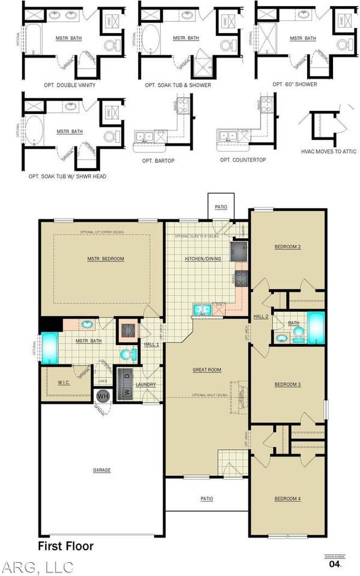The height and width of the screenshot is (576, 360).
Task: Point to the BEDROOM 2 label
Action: pyautogui.click(x=287, y=247)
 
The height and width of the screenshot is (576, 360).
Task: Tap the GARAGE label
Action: pyautogui.click(x=102, y=470)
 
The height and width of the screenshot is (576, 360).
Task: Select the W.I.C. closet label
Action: pyautogui.click(x=65, y=382)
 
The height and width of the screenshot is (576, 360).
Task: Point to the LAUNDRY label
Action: pyautogui.click(x=146, y=385)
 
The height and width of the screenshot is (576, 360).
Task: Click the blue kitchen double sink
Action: pyautogui.click(x=201, y=310)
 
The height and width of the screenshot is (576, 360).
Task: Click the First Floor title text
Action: pyautogui.click(x=66, y=546)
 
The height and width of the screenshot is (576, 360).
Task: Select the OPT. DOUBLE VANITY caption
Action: pyautogui.click(x=70, y=85)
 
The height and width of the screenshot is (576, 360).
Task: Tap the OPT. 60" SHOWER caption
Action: pyautogui.click(x=295, y=84)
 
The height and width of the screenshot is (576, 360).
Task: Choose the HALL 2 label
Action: pyautogui.click(x=260, y=316)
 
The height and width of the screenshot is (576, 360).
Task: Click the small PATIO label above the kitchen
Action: pyautogui.click(x=221, y=207)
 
